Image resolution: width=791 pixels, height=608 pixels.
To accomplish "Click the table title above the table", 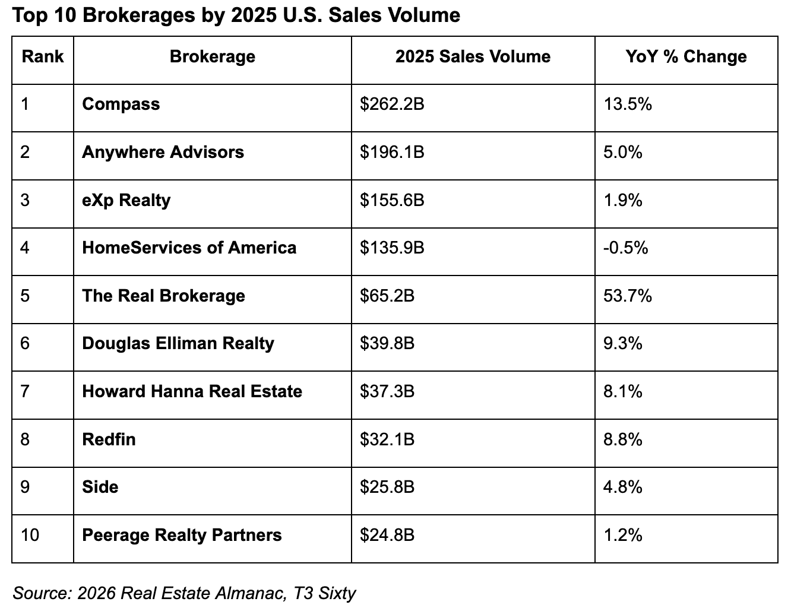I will [236, 15].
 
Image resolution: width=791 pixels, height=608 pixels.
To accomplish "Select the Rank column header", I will [43, 57].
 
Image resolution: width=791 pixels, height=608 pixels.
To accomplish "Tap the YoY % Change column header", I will [686, 57].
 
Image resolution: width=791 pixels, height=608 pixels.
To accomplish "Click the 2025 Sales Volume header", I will [473, 57].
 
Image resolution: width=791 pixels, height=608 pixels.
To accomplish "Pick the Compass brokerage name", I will [121, 104].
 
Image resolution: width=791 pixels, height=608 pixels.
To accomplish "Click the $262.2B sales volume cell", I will [392, 104].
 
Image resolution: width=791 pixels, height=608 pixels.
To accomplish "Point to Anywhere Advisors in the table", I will [163, 153].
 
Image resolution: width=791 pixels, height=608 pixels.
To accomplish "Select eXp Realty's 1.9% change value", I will [623, 201].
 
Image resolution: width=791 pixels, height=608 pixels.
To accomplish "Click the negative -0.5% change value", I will [625, 248].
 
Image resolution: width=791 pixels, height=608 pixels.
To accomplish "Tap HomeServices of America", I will [189, 248].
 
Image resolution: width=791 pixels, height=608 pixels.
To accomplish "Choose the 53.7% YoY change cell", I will [628, 296].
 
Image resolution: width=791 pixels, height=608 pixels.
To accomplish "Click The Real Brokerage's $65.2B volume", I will [387, 296].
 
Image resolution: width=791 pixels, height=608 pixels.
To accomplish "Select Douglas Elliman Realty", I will [178, 344].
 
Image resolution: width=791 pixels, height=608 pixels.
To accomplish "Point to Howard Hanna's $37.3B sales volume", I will [387, 392].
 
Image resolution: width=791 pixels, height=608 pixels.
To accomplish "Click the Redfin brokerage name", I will [109, 440].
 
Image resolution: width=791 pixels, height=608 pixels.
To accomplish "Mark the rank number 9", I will [25, 487].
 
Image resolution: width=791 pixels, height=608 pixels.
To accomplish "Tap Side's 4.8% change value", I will [623, 487].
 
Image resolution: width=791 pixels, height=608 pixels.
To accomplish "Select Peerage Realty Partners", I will [182, 536].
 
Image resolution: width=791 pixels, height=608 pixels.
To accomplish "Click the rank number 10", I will [30, 536].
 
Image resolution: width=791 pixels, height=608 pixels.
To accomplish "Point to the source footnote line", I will [184, 593].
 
